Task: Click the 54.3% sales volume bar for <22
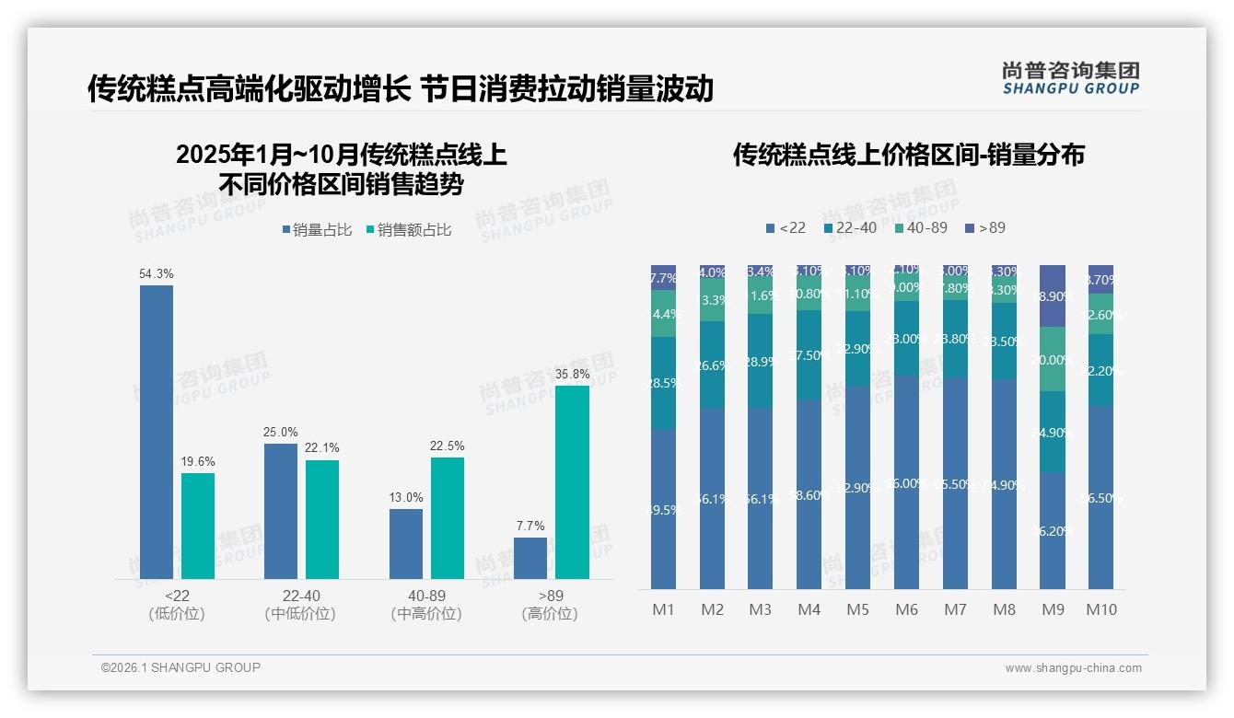coord(157,433)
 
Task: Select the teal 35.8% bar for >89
coord(572,482)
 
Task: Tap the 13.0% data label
coord(406,498)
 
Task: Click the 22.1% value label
coord(322,448)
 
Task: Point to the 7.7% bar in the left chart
coord(530,559)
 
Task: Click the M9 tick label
coord(1053,609)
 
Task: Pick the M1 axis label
coord(663,609)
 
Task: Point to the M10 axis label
coord(1101,609)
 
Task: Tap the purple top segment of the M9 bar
coord(1053,295)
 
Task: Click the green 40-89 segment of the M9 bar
coord(1053,359)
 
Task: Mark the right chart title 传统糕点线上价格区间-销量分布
coord(908,155)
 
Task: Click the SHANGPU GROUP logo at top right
coord(1070,78)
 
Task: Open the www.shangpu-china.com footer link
coord(1073,668)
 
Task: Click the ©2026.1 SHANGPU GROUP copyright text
coord(180,667)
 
